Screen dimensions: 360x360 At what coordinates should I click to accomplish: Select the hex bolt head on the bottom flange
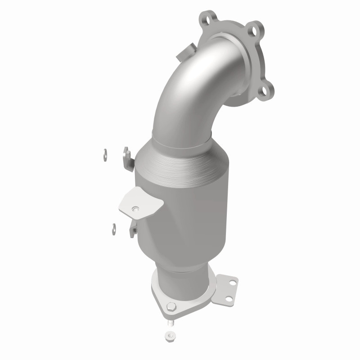172,307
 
